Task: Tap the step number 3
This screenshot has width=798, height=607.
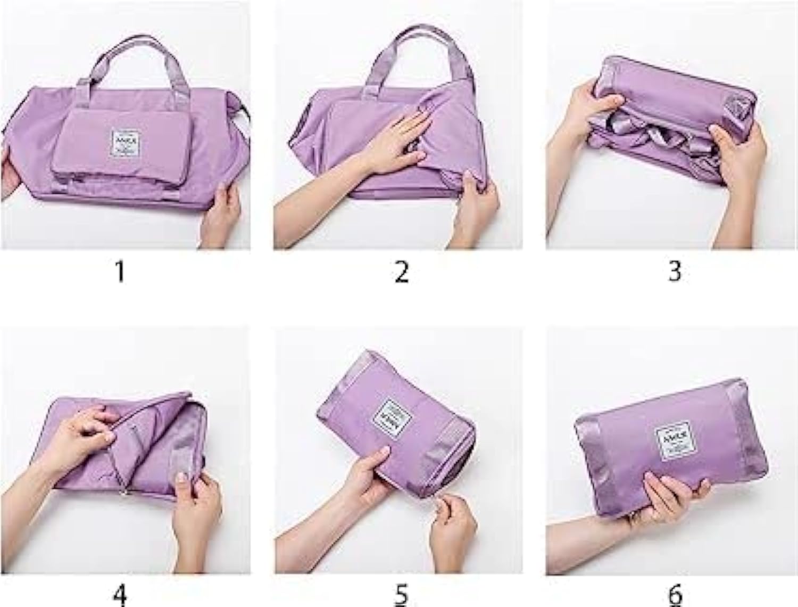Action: (x=674, y=271)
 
